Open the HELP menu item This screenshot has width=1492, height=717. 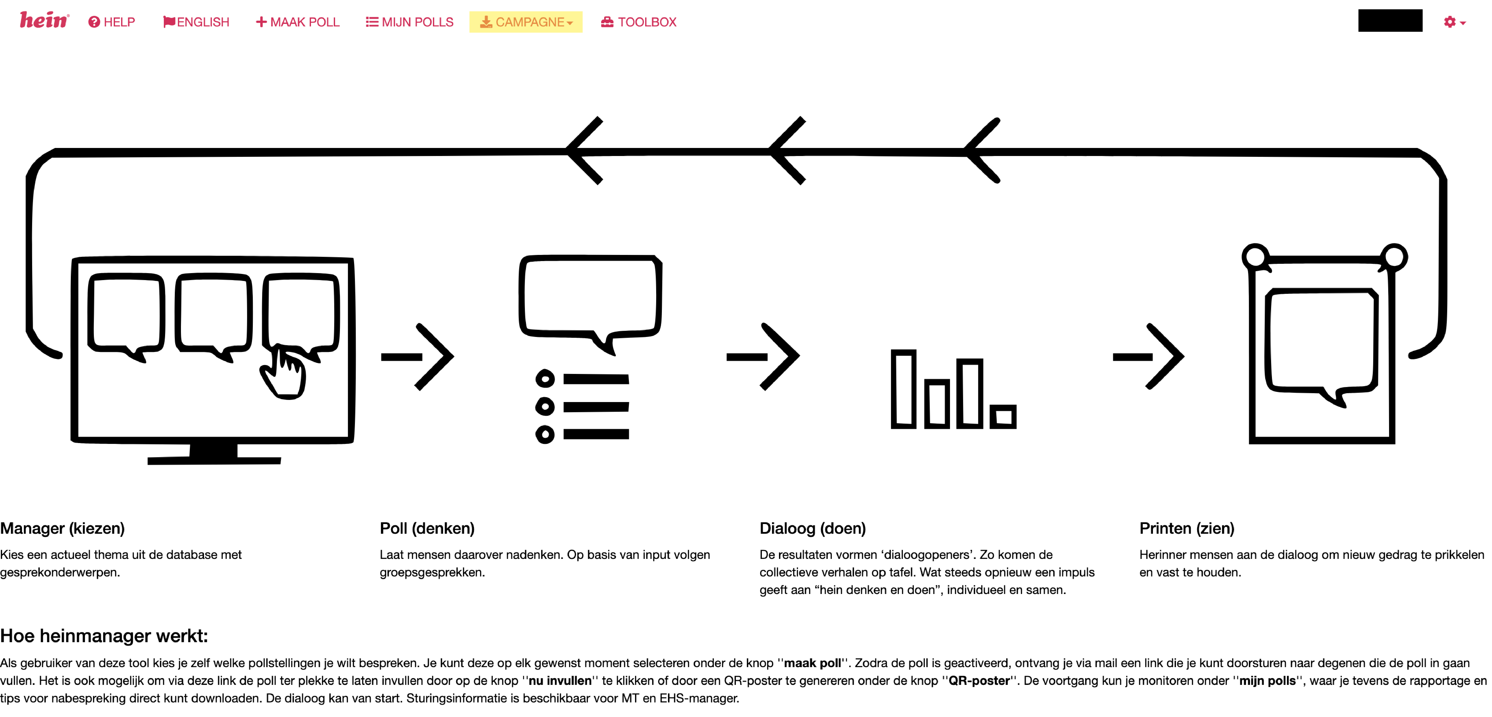pyautogui.click(x=112, y=22)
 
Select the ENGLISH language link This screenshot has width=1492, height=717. pyautogui.click(x=196, y=22)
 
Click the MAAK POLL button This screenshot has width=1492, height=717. pyautogui.click(x=298, y=22)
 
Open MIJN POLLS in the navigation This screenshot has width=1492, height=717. pyautogui.click(x=409, y=22)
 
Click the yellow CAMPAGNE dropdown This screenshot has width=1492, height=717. pyautogui.click(x=526, y=22)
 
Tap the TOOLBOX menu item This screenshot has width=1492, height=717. pyautogui.click(x=639, y=22)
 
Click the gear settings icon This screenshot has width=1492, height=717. pyautogui.click(x=1450, y=22)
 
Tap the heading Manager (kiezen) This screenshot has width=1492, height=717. pyautogui.click(x=63, y=528)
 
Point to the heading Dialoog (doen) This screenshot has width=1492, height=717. pyautogui.click(x=813, y=528)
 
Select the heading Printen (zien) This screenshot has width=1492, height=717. pyautogui.click(x=1187, y=528)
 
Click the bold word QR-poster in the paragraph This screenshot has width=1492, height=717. pyautogui.click(x=979, y=680)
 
